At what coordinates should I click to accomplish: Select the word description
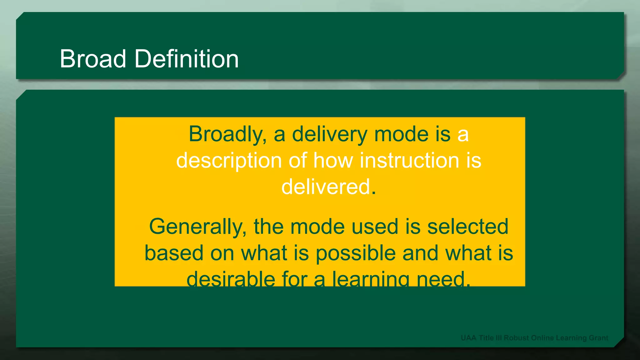click(229, 161)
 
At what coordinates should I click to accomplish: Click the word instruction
click(410, 160)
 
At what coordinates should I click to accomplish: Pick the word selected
click(468, 227)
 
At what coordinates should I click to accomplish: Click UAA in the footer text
click(469, 338)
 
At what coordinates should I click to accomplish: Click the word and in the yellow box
click(420, 253)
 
